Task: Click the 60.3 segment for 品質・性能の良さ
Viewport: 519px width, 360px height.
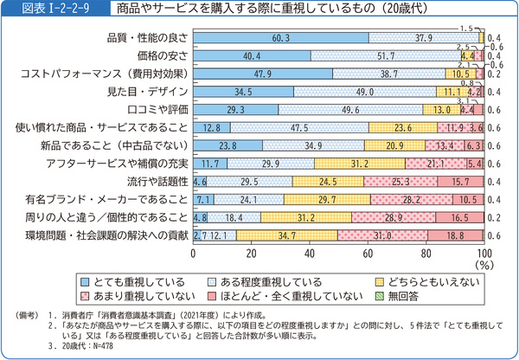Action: (x=279, y=37)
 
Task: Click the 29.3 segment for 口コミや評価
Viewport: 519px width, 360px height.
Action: (x=234, y=109)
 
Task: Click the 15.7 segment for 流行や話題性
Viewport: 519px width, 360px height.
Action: (x=458, y=182)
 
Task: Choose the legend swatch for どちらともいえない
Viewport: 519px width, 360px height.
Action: (x=378, y=281)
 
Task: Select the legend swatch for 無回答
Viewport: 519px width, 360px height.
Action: (x=378, y=296)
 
